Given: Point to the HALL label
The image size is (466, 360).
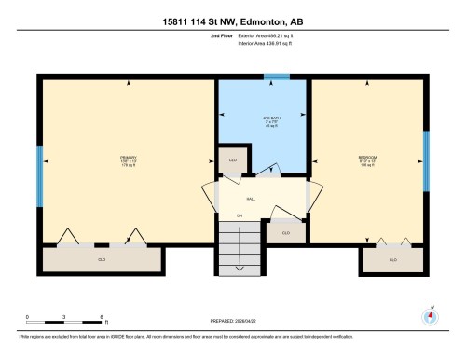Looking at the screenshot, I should tap(251, 199).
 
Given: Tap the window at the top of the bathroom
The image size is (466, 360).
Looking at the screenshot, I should tap(277, 77).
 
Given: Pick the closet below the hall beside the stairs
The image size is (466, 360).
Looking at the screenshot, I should tap(285, 232).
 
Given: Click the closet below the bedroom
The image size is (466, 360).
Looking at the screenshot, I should tap(392, 258).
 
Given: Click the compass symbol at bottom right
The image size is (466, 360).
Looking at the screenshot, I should tap(431, 314).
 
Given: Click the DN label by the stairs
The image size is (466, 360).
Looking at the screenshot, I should tap(239, 215).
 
